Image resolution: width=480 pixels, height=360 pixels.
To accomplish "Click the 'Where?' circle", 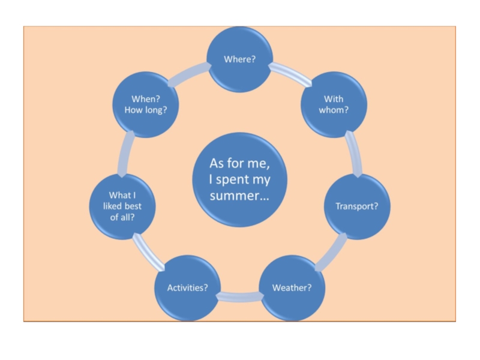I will pos(240,59).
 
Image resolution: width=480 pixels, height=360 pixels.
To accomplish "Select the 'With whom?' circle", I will pos(334,105).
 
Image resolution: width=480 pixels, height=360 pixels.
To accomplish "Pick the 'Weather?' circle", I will pos(292,287).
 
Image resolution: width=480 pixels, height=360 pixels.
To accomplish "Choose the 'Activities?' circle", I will pos(187,287).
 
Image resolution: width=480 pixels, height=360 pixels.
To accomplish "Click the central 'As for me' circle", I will pos(239,179).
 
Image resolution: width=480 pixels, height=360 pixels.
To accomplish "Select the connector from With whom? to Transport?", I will pos(354,154).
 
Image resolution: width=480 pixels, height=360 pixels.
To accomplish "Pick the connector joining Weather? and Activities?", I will pos(239,295).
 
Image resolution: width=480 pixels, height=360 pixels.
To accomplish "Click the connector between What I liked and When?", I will pos(125,153).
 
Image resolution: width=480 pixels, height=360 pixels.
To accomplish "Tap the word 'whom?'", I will pos(334,110).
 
